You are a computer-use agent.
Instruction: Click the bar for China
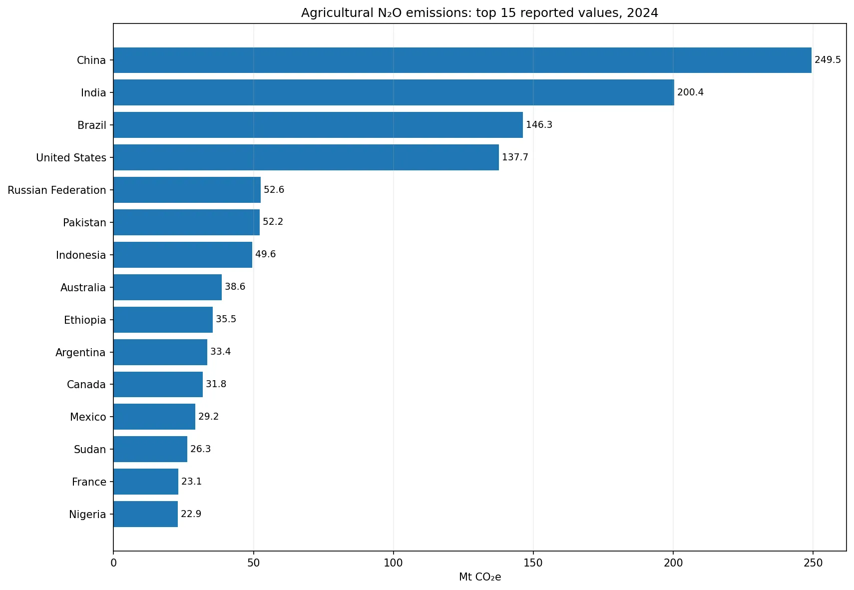[462, 60]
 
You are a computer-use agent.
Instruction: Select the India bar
[394, 93]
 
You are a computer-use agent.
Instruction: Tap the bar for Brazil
[318, 125]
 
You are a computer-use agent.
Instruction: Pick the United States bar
[306, 157]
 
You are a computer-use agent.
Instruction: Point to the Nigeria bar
[146, 514]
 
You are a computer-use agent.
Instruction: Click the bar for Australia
[167, 287]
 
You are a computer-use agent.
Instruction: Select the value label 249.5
[828, 60]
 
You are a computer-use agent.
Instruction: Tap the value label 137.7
[515, 157]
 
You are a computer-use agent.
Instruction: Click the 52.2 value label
[273, 222]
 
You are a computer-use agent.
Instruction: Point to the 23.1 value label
[191, 481]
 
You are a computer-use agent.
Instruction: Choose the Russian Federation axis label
[57, 190]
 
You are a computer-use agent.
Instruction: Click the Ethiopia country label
[85, 320]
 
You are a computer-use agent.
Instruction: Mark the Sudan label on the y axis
[90, 449]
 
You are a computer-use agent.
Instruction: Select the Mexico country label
[88, 417]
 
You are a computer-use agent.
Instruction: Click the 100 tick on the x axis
[394, 563]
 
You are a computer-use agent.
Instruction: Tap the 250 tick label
[813, 563]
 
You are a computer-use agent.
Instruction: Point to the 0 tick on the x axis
[113, 563]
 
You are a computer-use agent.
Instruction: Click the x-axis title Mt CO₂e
[480, 577]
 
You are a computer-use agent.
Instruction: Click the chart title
[479, 13]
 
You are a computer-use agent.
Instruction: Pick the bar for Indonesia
[183, 255]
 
